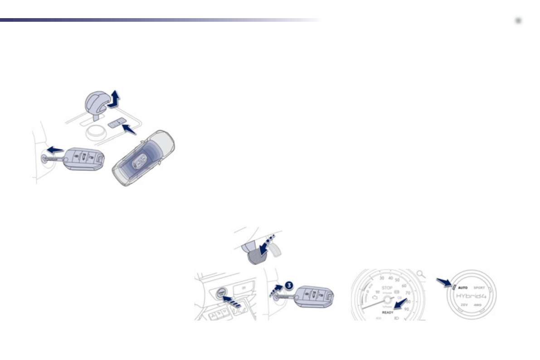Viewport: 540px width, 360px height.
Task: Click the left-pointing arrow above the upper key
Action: coord(55,150)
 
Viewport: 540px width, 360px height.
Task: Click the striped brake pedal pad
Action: coord(256,257)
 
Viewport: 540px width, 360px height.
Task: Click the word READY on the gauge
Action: coord(388,312)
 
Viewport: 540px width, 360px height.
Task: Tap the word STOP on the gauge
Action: coord(387,287)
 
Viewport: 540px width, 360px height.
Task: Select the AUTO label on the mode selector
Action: coord(462,287)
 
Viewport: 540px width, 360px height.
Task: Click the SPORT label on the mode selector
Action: coord(479,287)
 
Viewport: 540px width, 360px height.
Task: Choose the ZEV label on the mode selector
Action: coord(464,305)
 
